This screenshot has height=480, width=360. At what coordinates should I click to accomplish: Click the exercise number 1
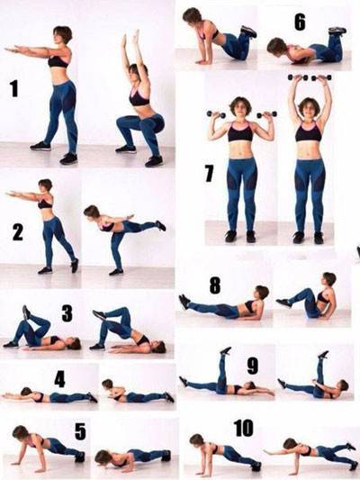coord(14,89)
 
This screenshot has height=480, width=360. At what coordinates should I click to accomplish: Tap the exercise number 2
coord(18,232)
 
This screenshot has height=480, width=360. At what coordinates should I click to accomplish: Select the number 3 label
coord(67,312)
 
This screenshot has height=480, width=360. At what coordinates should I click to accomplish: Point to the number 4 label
coord(60,380)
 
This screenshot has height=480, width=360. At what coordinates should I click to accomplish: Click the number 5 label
coord(80,431)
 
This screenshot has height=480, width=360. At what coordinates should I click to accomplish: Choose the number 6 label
coord(300,22)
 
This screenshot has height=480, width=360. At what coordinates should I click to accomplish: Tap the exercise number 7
coord(209,174)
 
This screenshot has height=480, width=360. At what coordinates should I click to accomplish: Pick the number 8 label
coord(215,285)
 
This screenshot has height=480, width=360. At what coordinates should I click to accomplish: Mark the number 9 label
coord(253,366)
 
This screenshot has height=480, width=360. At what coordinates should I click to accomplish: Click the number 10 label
coord(244,428)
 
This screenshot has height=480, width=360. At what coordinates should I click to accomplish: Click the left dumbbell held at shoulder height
coord(216,114)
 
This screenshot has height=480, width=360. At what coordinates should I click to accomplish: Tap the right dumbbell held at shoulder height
coord(266,114)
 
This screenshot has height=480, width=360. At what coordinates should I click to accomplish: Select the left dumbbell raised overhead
coord(298,77)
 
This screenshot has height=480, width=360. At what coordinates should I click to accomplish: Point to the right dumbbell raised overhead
coord(322,77)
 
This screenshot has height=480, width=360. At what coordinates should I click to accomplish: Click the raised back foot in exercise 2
coord(160,226)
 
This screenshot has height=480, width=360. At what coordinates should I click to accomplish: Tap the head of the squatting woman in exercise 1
coord(135,71)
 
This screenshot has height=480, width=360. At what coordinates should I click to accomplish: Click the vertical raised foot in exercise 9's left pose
coord(225,351)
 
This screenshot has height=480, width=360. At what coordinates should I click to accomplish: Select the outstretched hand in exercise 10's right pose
coord(268,451)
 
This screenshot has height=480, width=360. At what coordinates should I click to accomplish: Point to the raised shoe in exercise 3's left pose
coord(27,312)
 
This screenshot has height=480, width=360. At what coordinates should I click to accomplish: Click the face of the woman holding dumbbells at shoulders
coord(239,109)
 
